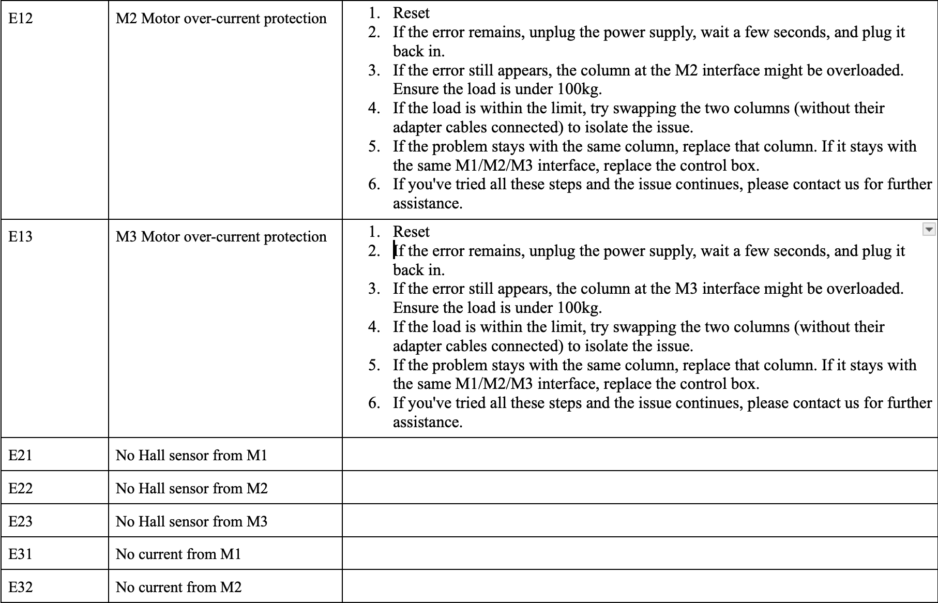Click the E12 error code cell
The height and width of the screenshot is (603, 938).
pos(21,19)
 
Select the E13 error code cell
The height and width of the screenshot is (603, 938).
pos(21,237)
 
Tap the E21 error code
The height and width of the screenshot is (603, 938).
pos(21,455)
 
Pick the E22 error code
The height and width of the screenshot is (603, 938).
pos(21,488)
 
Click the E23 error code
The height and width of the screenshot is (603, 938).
pos(21,521)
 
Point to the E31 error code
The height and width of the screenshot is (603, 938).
pos(21,554)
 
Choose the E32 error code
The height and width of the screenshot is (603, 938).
pos(21,587)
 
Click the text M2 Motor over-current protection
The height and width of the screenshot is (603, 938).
pos(221,19)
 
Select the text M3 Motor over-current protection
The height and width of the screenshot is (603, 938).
pos(221,237)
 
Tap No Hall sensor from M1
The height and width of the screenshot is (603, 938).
pos(191,455)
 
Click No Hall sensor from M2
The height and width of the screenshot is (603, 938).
pos(191,488)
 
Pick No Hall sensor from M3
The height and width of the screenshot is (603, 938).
pos(191,521)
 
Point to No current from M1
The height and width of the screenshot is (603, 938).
pos(178,554)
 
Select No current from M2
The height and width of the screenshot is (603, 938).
pos(178,587)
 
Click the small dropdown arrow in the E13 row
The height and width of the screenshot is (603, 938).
pos(929,229)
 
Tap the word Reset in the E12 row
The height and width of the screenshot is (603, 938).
pos(411,13)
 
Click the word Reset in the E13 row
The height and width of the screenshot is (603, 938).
pos(411,232)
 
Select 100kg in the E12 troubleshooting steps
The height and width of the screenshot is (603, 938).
pos(579,89)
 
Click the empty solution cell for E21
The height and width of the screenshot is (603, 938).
pos(639,454)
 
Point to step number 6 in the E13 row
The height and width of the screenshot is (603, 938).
pos(374,403)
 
